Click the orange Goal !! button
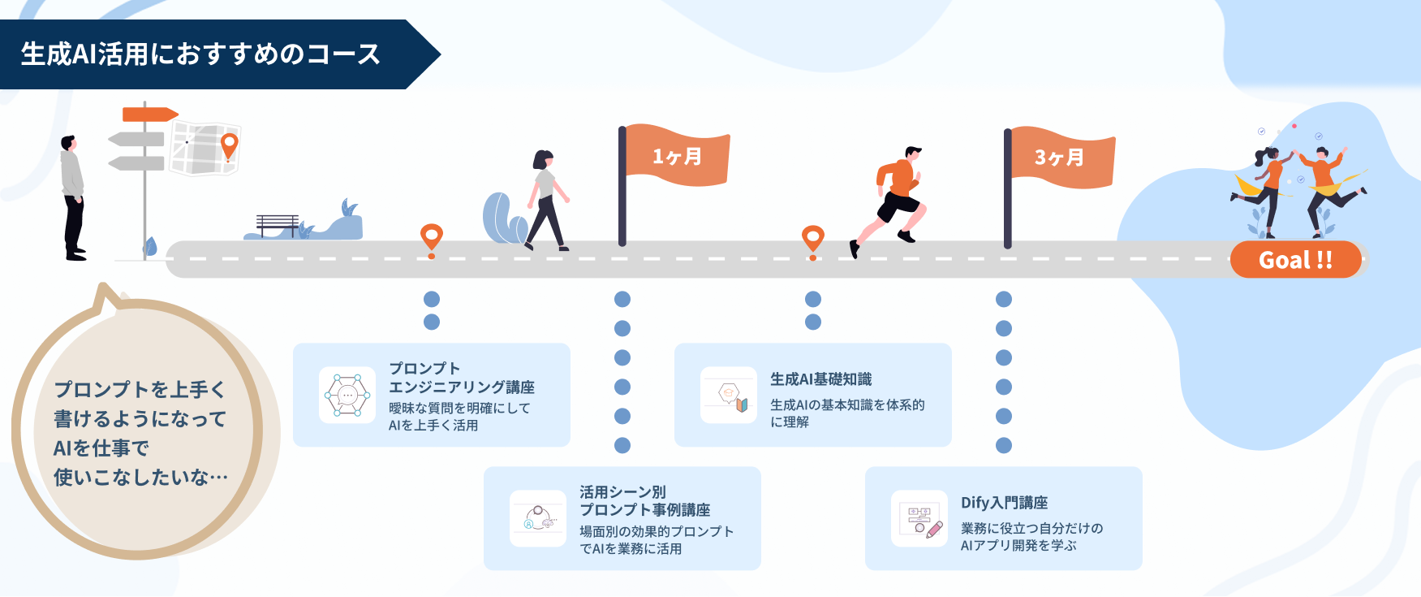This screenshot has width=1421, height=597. point(1295,260)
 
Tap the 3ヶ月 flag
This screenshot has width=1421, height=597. point(1060,157)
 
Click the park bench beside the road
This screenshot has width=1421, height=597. point(278,225)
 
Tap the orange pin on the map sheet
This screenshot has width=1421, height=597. point(230,145)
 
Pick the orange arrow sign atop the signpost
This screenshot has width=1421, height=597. point(149,115)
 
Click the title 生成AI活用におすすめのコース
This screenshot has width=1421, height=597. point(200,54)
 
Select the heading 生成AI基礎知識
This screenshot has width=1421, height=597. point(820,379)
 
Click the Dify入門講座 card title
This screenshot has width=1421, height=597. point(1004,503)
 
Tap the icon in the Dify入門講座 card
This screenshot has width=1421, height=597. point(919,518)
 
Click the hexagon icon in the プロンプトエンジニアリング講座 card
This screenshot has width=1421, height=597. point(347,395)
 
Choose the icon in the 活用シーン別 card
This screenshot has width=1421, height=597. point(538,518)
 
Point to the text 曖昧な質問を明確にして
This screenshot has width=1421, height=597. point(459,409)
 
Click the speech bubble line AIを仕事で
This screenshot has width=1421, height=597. point(101,448)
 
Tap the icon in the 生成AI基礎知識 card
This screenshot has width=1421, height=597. point(729,395)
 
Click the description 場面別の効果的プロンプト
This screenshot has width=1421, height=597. point(656,531)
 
